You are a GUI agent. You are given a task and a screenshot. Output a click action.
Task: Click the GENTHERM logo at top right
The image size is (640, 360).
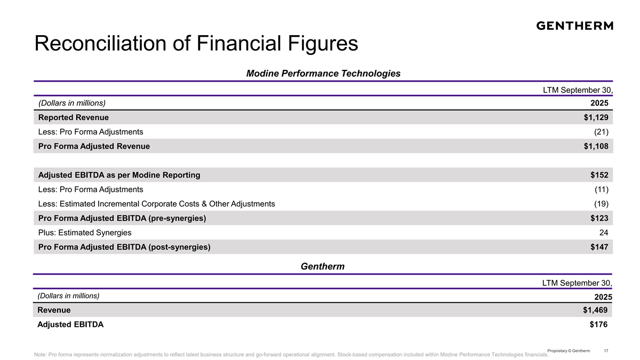pyautogui.click(x=574, y=26)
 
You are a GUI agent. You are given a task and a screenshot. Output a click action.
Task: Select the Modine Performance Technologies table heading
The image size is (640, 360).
pyautogui.click(x=323, y=74)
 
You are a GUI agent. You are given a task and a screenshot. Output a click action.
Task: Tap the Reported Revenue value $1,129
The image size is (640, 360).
pyautogui.click(x=596, y=117)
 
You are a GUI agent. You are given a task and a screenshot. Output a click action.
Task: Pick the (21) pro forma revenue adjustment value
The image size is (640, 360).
pyautogui.click(x=602, y=132)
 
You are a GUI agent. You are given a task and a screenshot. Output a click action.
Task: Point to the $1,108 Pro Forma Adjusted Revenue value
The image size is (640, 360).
pyautogui.click(x=596, y=146)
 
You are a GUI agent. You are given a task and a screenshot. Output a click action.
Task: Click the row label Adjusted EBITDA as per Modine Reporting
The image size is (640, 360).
pyautogui.click(x=119, y=175)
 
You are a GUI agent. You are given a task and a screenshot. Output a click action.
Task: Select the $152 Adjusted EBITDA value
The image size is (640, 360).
pyautogui.click(x=599, y=175)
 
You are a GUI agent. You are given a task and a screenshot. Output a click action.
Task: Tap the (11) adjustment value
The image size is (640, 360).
pyautogui.click(x=602, y=189)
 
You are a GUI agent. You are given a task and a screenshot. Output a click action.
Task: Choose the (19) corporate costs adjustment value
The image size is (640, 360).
pyautogui.click(x=602, y=204)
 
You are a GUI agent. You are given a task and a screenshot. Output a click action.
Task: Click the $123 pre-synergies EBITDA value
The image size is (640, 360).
pyautogui.click(x=599, y=218)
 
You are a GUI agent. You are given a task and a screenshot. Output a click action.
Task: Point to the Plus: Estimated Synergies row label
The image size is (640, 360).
pyautogui.click(x=85, y=233)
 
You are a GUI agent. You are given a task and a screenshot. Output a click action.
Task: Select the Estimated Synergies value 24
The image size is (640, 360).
pyautogui.click(x=604, y=233)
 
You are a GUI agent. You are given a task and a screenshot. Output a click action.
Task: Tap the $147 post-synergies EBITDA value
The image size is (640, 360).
pyautogui.click(x=599, y=247)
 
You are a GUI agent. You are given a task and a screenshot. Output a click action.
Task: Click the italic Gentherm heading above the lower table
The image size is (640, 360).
pyautogui.click(x=323, y=266)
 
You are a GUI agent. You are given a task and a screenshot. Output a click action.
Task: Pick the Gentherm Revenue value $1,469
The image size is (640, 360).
pyautogui.click(x=595, y=310)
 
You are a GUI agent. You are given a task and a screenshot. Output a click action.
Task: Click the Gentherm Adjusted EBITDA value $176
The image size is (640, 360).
pyautogui.click(x=598, y=324)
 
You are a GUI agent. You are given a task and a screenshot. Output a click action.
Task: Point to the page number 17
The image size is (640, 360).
pyautogui.click(x=606, y=350)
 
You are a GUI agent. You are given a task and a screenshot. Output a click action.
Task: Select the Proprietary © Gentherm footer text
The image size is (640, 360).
pyautogui.click(x=569, y=350)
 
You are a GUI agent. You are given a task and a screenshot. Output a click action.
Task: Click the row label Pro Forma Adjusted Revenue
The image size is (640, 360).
pyautogui.click(x=94, y=146)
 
